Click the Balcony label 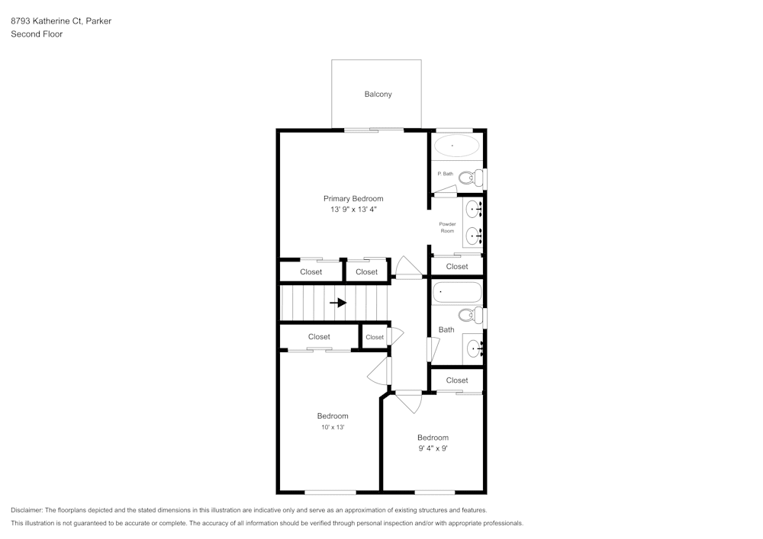(x=378, y=94)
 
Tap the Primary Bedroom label (x=353, y=198)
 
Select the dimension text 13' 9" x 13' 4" (x=353, y=209)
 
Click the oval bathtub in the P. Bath (x=456, y=145)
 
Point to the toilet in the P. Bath (x=469, y=178)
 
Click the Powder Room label (x=447, y=227)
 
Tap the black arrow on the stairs (x=337, y=303)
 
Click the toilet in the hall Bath (x=469, y=315)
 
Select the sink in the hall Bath (x=475, y=350)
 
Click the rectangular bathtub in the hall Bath (x=457, y=293)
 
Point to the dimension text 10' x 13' (x=333, y=428)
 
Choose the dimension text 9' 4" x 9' (x=433, y=448)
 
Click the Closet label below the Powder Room (x=457, y=266)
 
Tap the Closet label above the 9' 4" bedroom (x=457, y=380)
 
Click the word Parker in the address (x=98, y=21)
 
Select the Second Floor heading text (x=37, y=34)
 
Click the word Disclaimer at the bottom (x=27, y=510)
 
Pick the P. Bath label (x=445, y=174)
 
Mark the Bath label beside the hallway (x=446, y=329)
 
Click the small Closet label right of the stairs (x=375, y=337)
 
